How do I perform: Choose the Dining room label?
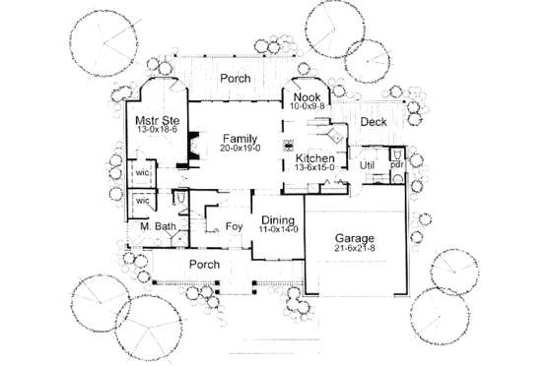point(277,218)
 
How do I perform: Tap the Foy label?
point(234,226)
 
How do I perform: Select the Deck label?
point(374,122)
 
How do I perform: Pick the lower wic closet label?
point(141,202)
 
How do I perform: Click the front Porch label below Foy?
point(203,265)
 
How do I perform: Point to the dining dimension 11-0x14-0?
point(277,229)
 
